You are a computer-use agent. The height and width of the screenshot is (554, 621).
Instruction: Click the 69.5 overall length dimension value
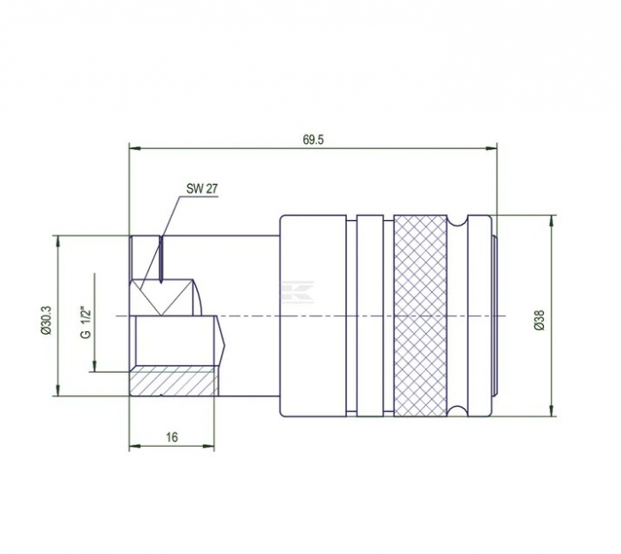[x=312, y=139]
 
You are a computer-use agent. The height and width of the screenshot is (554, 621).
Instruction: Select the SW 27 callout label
[x=201, y=188]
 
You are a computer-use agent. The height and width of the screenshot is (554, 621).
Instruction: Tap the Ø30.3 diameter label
[x=46, y=317]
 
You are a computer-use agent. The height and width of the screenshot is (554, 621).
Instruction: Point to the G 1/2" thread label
[x=86, y=322]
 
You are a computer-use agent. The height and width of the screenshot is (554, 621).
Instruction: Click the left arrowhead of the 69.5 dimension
[x=134, y=148]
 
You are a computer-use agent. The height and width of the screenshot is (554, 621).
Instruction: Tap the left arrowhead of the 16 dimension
[x=134, y=444]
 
